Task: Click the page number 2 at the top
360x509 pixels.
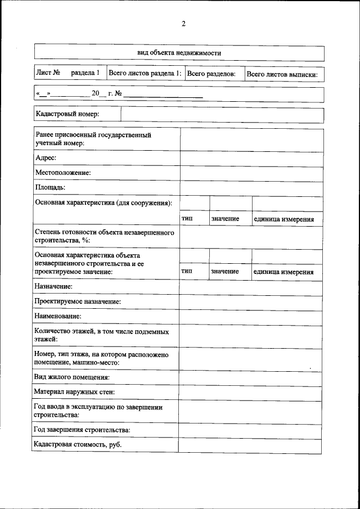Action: point(183,24)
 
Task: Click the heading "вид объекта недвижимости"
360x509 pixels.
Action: point(179,53)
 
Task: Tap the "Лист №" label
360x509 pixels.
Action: point(48,73)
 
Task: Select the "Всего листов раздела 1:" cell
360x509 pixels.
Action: point(145,73)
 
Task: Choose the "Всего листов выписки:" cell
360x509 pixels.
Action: point(282,74)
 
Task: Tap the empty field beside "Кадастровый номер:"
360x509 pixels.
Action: point(222,115)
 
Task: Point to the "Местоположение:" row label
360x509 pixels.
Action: point(63,173)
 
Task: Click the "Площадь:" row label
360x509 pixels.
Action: point(51,187)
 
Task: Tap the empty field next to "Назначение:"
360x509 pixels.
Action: point(251,287)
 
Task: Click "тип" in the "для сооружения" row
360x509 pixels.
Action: point(187,219)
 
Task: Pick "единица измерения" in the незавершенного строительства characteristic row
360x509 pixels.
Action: point(283,272)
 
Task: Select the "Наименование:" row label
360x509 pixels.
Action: point(57,317)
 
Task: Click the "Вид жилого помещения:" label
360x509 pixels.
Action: point(71,377)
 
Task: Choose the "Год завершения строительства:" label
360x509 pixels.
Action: point(82,430)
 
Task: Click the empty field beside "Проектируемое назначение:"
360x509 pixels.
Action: point(251,302)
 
